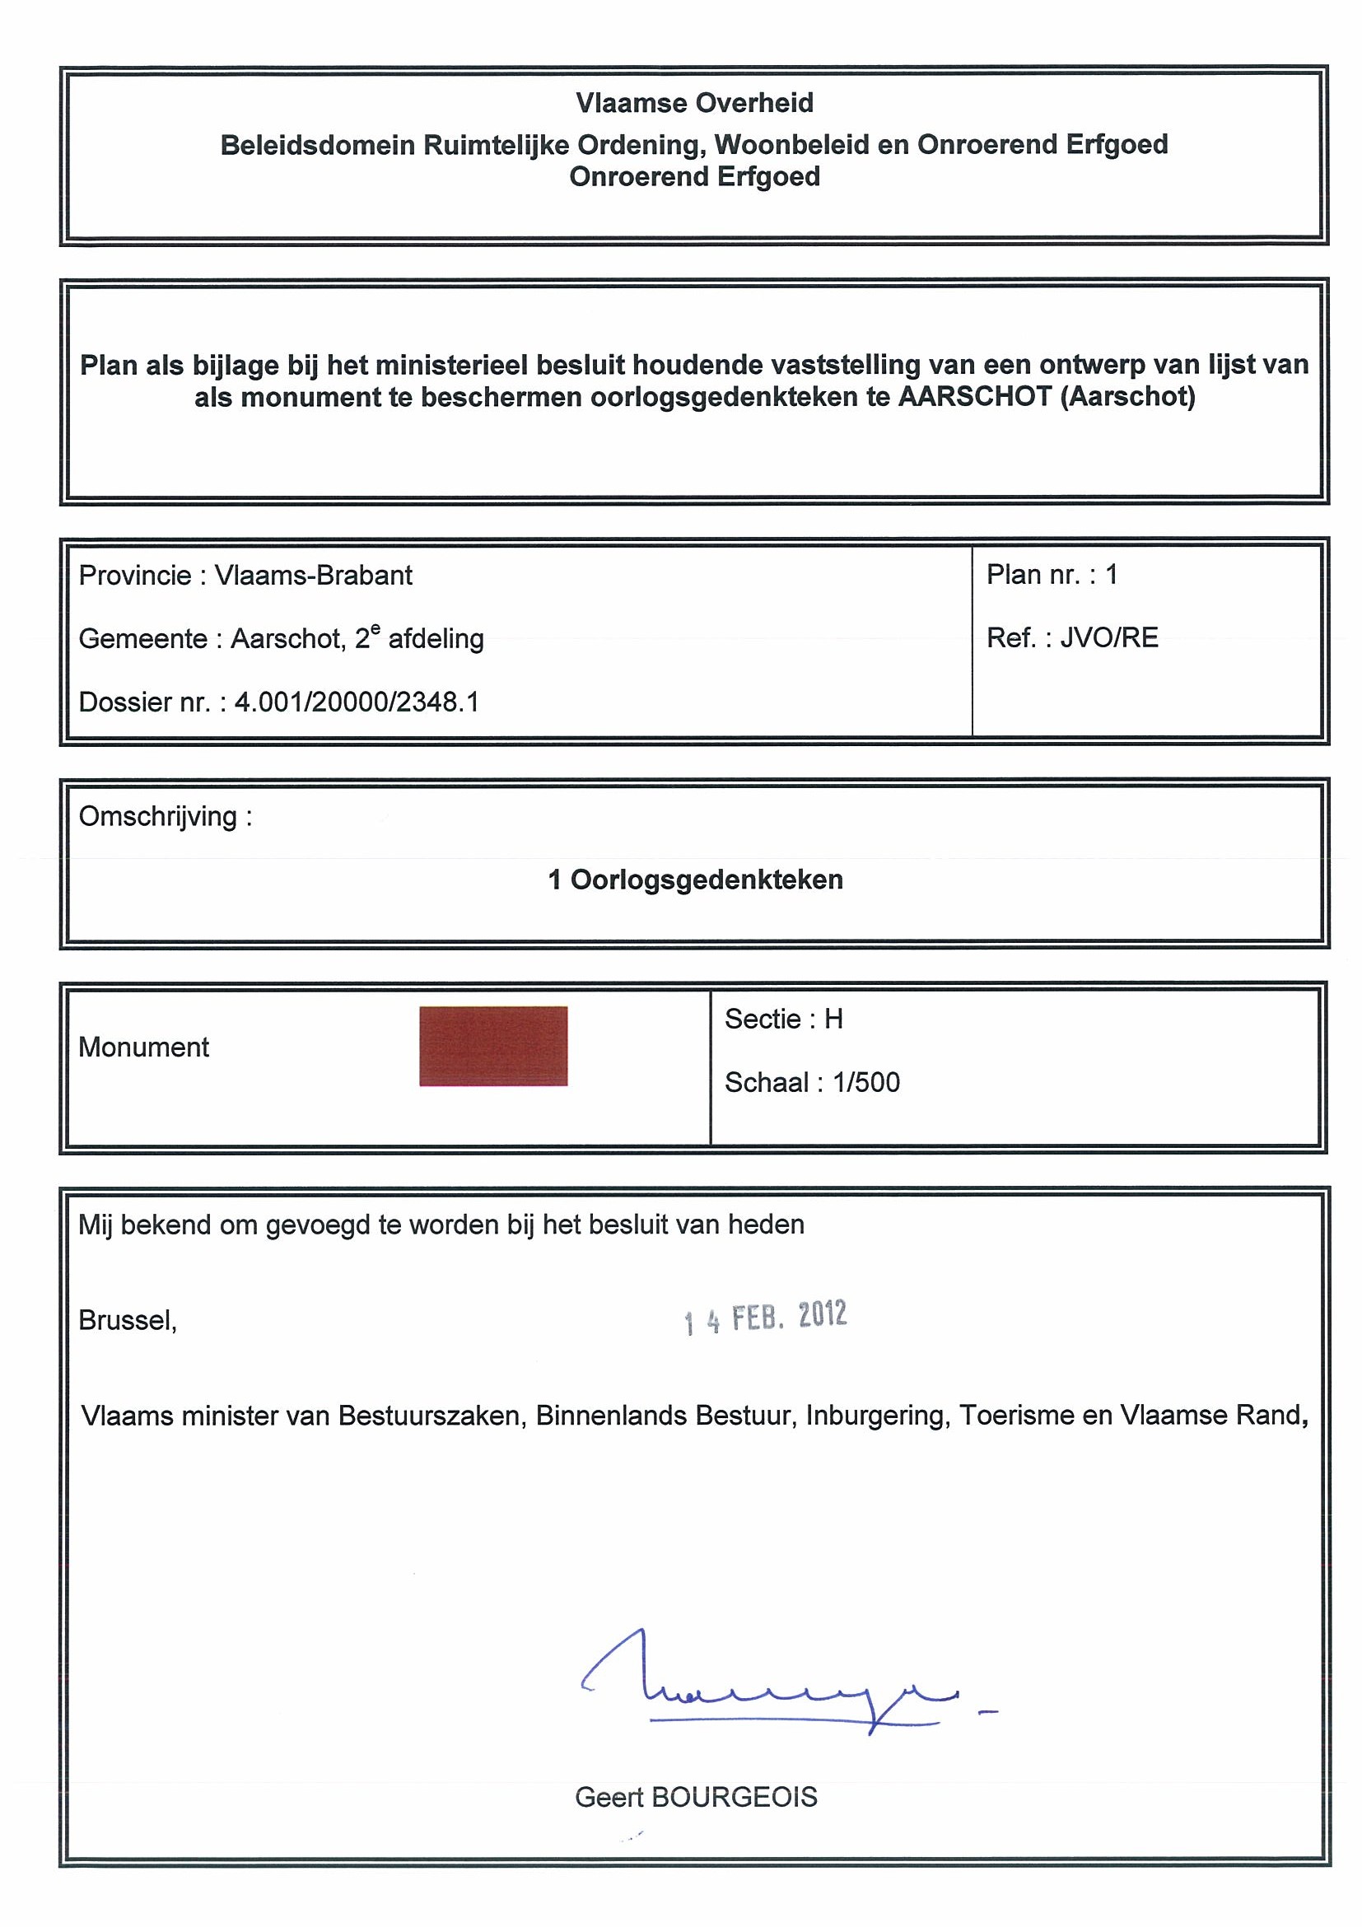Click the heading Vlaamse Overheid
click(x=694, y=103)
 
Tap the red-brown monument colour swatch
click(x=493, y=1046)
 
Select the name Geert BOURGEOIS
click(x=696, y=1797)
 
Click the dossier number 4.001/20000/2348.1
click(x=357, y=702)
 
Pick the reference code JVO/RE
click(x=1108, y=638)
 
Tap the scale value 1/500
click(x=866, y=1083)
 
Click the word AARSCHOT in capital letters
click(x=974, y=396)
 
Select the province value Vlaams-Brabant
click(x=314, y=576)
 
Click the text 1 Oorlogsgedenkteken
click(x=695, y=880)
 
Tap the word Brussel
click(x=128, y=1320)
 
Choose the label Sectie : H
click(x=784, y=1019)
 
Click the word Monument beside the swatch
click(x=143, y=1047)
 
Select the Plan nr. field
click(x=1052, y=575)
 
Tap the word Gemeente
click(x=142, y=640)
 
